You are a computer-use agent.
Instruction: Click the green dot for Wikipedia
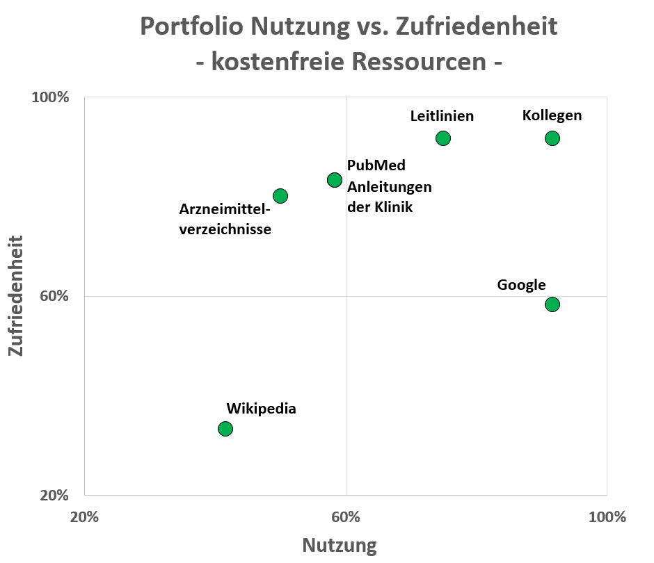tap(225, 428)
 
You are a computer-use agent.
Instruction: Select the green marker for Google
tap(552, 304)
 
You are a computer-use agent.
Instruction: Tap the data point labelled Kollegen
tap(552, 138)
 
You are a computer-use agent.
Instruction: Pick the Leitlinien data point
tap(443, 138)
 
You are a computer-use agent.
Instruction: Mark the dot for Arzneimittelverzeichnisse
tap(280, 196)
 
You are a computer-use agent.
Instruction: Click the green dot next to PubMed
tap(335, 180)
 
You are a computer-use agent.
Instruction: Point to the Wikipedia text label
tap(261, 409)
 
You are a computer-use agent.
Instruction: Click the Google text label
tap(521, 285)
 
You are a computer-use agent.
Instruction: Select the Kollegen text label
tap(552, 115)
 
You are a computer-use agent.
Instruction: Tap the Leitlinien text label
tap(442, 116)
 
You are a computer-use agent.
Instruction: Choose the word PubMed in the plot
tap(376, 165)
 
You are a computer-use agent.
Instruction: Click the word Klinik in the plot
tap(394, 207)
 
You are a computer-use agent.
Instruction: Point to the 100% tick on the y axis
tap(51, 97)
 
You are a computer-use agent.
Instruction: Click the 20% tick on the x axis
tap(84, 517)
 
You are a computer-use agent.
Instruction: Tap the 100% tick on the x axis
tap(607, 517)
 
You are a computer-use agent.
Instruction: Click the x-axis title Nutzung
tap(340, 546)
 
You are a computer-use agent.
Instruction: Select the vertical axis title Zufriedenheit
tap(16, 296)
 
